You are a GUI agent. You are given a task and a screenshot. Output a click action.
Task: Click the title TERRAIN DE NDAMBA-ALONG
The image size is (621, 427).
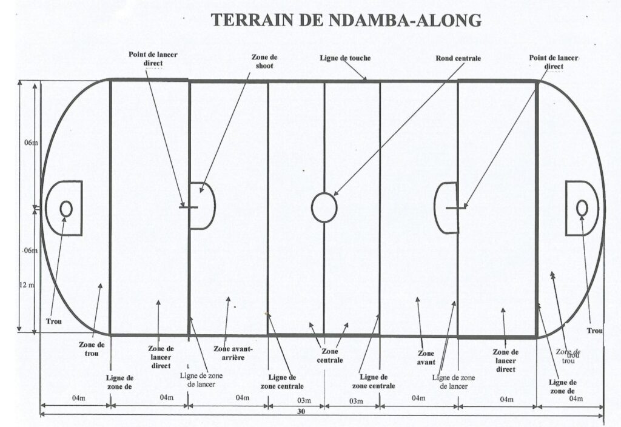(346, 19)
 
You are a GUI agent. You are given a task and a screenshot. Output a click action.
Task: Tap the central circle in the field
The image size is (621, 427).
(324, 207)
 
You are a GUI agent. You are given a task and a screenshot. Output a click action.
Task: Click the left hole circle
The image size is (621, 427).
(66, 208)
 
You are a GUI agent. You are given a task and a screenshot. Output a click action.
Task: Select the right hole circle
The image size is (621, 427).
(582, 207)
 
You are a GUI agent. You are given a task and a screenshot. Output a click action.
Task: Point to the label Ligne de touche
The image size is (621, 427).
(345, 58)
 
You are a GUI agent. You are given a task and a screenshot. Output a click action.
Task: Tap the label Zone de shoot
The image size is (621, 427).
(264, 62)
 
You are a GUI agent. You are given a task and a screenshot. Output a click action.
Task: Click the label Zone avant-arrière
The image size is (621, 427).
(233, 353)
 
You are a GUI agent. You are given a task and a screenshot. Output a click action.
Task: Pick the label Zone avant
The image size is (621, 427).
(426, 357)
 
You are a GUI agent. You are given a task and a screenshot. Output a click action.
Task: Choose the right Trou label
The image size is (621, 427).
(595, 331)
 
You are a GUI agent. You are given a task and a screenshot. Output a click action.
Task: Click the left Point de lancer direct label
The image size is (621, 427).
(153, 59)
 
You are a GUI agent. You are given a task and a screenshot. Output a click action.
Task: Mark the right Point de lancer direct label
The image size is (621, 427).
(554, 62)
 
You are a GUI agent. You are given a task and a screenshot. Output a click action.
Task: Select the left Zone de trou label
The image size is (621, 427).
(92, 349)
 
